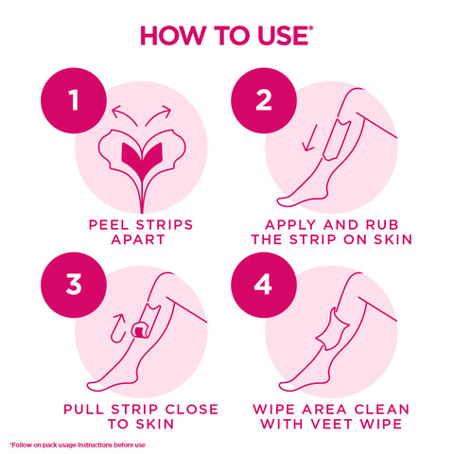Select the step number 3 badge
pos(73,285)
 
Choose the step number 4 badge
pos(264,285)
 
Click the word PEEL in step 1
pos(110,225)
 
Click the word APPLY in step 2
pos(276,225)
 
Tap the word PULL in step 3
pos(84,409)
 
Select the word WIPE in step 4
pos(274,409)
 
